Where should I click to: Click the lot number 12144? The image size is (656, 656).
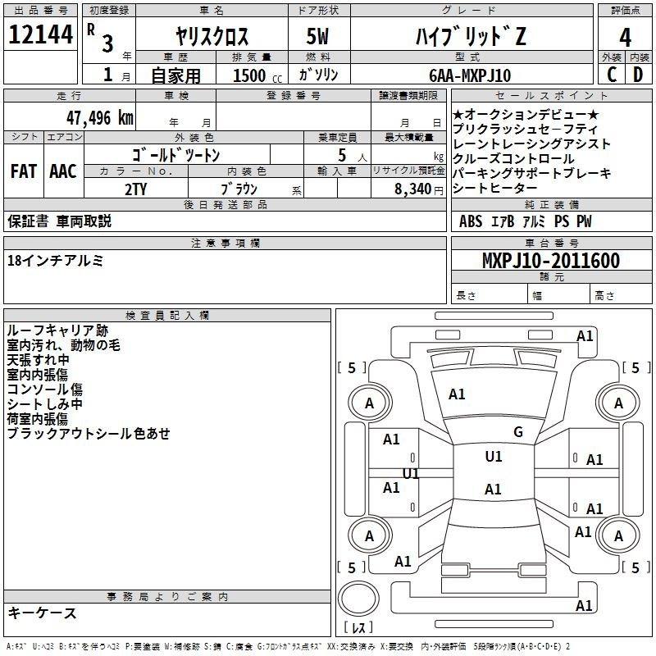[x=40, y=34]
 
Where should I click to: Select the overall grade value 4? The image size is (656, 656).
[x=625, y=38]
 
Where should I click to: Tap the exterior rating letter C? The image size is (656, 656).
[x=612, y=75]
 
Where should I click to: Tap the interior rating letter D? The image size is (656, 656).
[x=638, y=75]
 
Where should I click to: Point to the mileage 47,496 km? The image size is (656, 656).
[x=100, y=118]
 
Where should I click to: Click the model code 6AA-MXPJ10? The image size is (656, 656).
[x=470, y=75]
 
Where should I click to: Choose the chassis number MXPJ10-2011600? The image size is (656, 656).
[x=551, y=261]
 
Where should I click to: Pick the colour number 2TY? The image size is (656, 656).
[x=136, y=189]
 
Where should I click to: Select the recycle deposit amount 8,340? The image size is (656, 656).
[x=413, y=189]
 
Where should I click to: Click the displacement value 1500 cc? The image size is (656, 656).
[x=257, y=75]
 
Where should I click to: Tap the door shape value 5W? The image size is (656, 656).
[x=317, y=36]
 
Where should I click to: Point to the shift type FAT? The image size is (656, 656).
[x=24, y=171]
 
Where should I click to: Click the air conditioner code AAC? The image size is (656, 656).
[x=63, y=171]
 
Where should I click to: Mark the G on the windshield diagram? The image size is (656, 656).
[x=518, y=432]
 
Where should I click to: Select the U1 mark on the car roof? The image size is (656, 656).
[x=494, y=457]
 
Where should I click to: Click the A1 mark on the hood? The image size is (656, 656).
[x=457, y=394]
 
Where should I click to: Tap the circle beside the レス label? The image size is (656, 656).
[x=358, y=599]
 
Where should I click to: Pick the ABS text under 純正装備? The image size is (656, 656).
[x=471, y=221]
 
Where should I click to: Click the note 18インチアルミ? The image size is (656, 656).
[x=55, y=261]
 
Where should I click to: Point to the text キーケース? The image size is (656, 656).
[x=42, y=613]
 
